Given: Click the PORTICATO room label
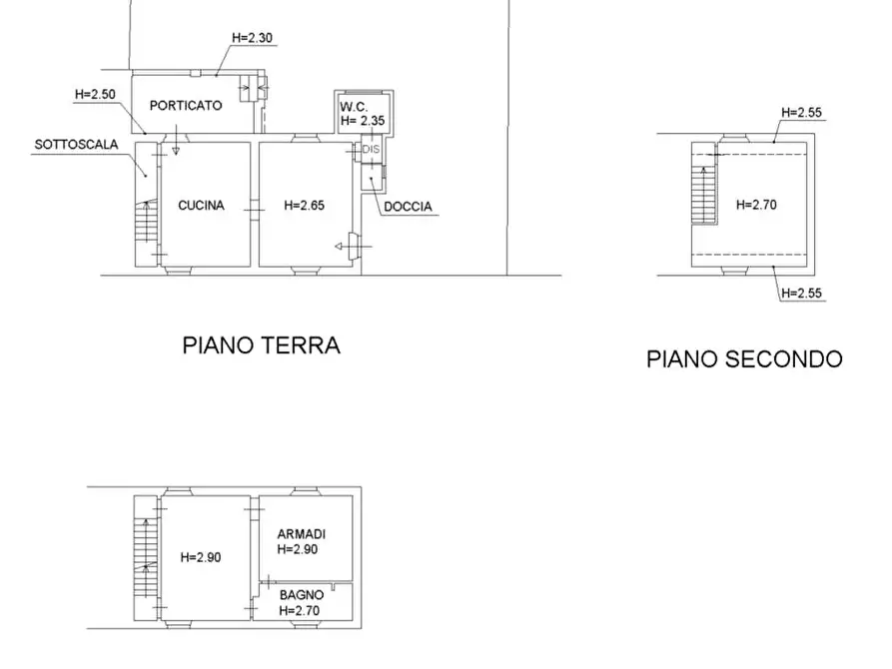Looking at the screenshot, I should [x=186, y=105].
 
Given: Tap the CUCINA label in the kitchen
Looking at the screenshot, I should [x=202, y=206].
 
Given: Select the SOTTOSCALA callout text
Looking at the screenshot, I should [x=76, y=144].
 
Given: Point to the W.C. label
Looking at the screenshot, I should [x=355, y=106].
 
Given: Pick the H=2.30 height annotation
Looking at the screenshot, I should [x=252, y=39].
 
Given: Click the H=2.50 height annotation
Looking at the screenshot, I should [x=96, y=94].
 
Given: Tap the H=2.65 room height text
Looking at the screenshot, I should [x=304, y=206].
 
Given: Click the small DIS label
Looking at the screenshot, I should [x=371, y=150].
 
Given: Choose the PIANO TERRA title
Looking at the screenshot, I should [x=261, y=345].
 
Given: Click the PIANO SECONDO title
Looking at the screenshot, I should [x=744, y=358].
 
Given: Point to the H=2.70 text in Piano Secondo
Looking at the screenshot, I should [x=756, y=205].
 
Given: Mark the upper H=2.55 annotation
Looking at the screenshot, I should [x=802, y=113].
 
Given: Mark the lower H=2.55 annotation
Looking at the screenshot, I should [x=802, y=293].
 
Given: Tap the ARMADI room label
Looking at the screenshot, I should [x=301, y=534].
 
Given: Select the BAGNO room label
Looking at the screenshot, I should [x=300, y=595].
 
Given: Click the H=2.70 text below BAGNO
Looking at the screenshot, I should [x=300, y=610].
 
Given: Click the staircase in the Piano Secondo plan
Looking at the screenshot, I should [x=704, y=192].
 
